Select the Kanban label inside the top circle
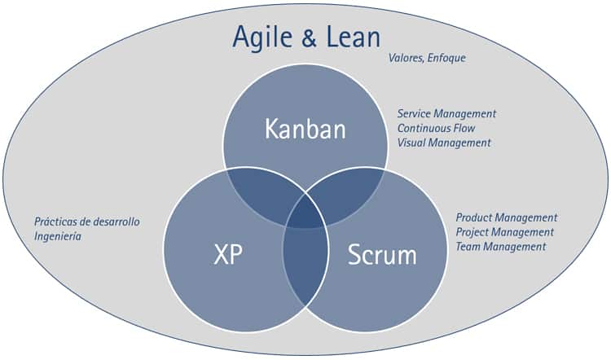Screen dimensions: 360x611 (x=305, y=130)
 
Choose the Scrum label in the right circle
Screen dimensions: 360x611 (x=382, y=254)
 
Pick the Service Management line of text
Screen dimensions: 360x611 (x=446, y=114)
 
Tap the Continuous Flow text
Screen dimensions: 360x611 (x=436, y=129)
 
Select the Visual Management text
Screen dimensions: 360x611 (x=444, y=143)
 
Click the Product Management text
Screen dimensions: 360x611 (x=506, y=218)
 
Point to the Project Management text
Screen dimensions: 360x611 (x=505, y=232)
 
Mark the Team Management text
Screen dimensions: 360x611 (x=500, y=246)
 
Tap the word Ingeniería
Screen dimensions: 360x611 (x=58, y=236)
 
